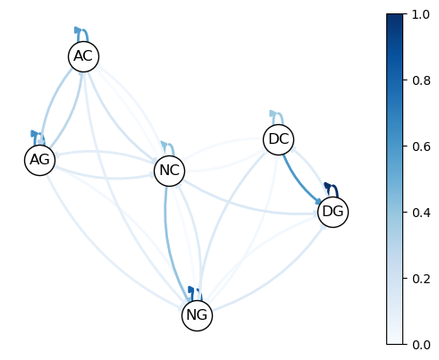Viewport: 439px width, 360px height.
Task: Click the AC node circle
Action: (x=83, y=56)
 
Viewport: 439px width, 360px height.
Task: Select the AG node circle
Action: (x=39, y=160)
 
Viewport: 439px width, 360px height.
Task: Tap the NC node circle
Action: (x=170, y=171)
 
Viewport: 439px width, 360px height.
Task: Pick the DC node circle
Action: (x=279, y=139)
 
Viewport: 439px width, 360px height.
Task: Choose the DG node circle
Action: (x=333, y=212)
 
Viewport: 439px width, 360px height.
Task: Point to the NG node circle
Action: (x=197, y=315)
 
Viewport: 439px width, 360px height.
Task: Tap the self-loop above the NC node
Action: (x=170, y=144)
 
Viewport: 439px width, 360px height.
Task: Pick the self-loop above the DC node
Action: (x=280, y=113)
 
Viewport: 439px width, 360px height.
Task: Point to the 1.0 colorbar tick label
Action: (x=420, y=14)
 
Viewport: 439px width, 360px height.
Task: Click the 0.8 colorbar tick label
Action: (x=421, y=80)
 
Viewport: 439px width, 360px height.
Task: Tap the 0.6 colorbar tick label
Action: (x=421, y=147)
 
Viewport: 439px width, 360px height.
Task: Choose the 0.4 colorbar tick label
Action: (x=421, y=213)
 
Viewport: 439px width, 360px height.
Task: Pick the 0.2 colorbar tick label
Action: (x=421, y=279)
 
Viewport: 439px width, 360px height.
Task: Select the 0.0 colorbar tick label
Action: (x=421, y=345)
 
